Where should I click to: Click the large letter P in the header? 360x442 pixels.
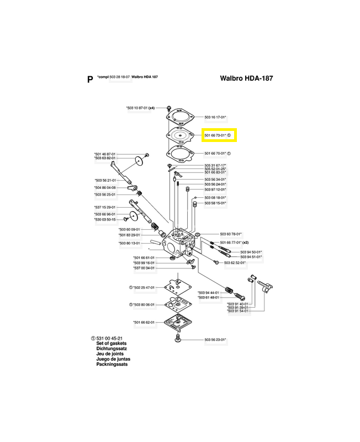pyautogui.click(x=90, y=79)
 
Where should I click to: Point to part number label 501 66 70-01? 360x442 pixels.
pyautogui.click(x=215, y=154)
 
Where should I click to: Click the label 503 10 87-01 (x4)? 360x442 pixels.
pyautogui.click(x=140, y=108)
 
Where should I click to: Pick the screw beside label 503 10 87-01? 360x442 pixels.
pyautogui.click(x=170, y=107)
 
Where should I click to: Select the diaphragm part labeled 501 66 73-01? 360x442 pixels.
pyautogui.click(x=179, y=135)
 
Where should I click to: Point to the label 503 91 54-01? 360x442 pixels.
pyautogui.click(x=239, y=312)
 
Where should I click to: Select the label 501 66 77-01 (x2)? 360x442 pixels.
pyautogui.click(x=235, y=243)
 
